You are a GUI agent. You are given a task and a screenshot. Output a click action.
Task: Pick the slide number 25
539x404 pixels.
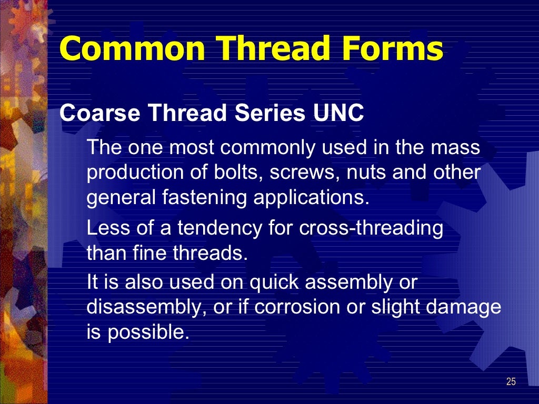[x=511, y=382]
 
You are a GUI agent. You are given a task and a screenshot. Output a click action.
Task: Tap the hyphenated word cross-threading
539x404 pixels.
[x=371, y=228]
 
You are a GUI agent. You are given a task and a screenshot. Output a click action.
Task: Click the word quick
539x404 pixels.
[x=277, y=283]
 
